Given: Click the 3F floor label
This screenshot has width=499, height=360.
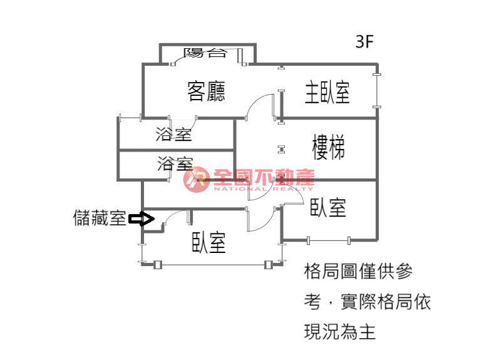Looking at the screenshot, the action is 364,41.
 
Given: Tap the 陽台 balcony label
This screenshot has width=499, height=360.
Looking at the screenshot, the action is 205,53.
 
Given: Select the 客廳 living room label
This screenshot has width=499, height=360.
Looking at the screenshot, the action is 206,91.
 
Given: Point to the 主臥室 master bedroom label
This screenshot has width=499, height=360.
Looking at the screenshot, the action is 327,92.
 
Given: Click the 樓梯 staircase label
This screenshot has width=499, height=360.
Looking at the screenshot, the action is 329,147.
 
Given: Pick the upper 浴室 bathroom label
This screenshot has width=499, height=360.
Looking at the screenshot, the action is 174,134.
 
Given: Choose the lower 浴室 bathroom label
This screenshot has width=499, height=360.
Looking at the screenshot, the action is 175,163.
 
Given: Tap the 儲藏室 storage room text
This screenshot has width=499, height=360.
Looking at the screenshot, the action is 100,218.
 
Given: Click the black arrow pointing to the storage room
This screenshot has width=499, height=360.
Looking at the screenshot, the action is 141,219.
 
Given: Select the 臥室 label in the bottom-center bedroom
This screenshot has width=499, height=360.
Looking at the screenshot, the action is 208,242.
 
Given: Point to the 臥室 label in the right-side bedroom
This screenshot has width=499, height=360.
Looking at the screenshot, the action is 328,207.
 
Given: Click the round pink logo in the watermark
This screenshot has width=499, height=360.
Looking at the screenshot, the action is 197,180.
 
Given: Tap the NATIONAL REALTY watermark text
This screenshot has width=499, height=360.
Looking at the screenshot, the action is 264,188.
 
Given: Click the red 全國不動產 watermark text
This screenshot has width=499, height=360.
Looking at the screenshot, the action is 264,177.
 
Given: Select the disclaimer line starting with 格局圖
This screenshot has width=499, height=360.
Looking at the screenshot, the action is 358,272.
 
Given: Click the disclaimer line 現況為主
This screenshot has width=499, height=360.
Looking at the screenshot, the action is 339,332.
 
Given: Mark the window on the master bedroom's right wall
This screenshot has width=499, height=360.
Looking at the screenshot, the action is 377,91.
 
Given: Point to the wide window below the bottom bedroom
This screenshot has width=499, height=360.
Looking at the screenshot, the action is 212,264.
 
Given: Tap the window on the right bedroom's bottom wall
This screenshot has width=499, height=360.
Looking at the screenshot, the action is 329,240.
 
